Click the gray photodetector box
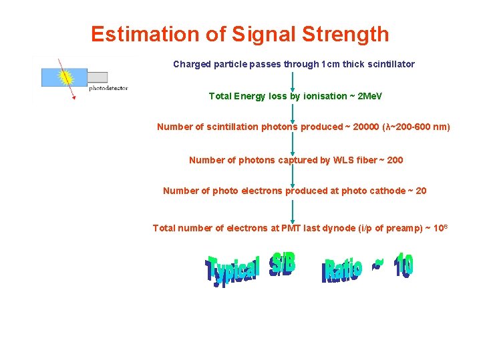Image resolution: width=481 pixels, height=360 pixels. tap(98, 77)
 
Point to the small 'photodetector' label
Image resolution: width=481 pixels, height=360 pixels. tap(108, 88)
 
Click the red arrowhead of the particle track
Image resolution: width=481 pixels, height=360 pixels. tap(73, 98)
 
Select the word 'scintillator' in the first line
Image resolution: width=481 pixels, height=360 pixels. tap(389, 65)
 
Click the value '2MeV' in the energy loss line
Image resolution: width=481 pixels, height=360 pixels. tap(371, 96)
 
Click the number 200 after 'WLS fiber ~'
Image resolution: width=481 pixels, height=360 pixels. tap(395, 160)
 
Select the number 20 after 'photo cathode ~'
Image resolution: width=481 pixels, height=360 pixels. tap(421, 191)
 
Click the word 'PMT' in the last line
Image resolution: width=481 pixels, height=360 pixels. tap(291, 228)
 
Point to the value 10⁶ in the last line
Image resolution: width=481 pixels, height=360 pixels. tap(440, 227)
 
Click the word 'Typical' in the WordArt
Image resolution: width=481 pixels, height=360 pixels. tap(232, 270)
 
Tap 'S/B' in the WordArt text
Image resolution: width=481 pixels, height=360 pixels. tap(281, 266)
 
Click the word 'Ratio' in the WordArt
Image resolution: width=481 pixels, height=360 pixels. tap(342, 270)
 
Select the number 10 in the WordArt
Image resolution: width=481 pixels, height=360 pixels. tap(403, 265)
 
